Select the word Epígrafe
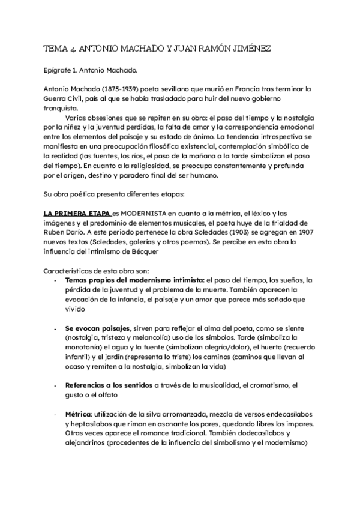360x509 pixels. (x=59, y=70)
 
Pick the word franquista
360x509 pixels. (x=61, y=109)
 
